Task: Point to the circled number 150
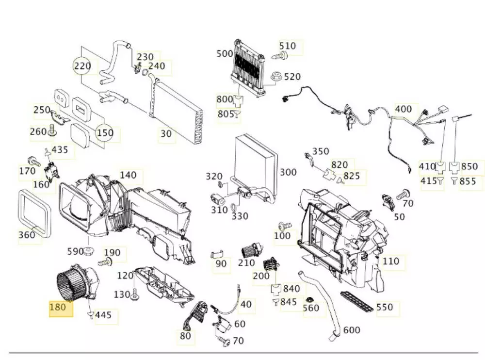click(105, 132)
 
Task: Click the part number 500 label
click(225, 53)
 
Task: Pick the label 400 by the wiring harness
click(403, 109)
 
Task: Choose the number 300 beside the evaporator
click(288, 172)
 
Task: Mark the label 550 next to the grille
click(385, 308)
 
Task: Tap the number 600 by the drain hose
click(352, 330)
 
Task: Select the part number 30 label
click(166, 133)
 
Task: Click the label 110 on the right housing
click(390, 262)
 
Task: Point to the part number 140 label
click(129, 175)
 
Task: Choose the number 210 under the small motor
click(246, 263)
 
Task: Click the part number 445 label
click(103, 315)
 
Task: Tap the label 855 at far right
click(468, 181)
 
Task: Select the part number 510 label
click(288, 46)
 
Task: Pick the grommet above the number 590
click(89, 251)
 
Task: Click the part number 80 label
click(185, 336)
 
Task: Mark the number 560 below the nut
click(311, 308)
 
